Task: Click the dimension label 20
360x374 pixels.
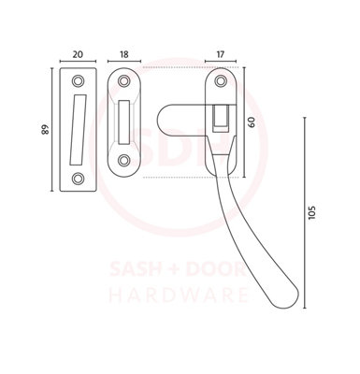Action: [x=78, y=54]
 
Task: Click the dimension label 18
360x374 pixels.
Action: [x=123, y=54]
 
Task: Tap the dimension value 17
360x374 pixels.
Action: [x=220, y=54]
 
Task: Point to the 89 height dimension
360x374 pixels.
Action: [x=46, y=129]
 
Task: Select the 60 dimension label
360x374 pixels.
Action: [x=252, y=122]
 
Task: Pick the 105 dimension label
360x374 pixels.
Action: [x=311, y=212]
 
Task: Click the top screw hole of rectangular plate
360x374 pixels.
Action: [x=78, y=81]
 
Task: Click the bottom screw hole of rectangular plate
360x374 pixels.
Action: [x=78, y=179]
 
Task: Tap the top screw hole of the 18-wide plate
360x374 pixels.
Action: [x=123, y=80]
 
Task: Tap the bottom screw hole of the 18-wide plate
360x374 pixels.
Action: [x=123, y=160]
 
